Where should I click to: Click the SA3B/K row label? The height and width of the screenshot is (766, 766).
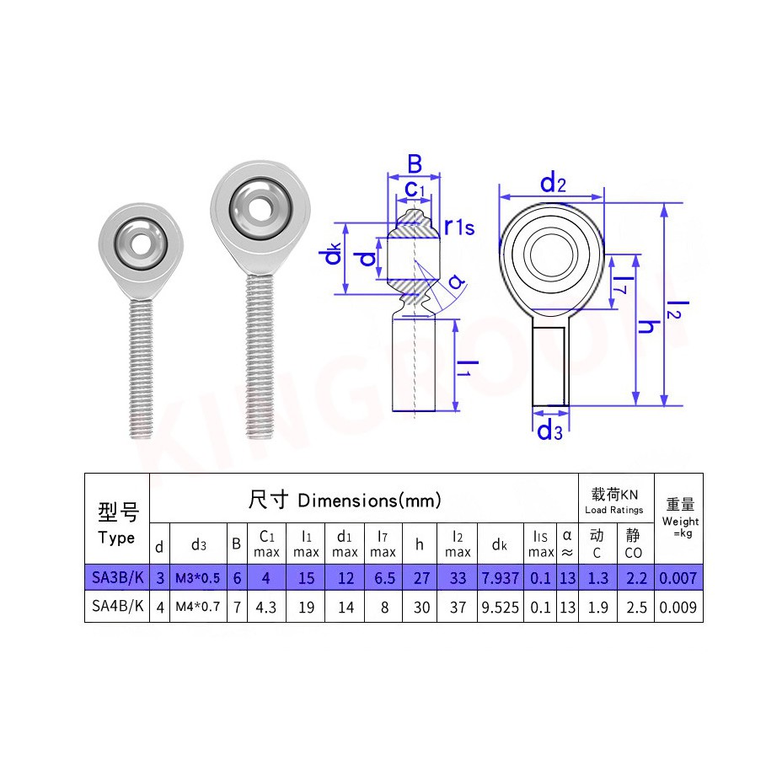click(x=118, y=578)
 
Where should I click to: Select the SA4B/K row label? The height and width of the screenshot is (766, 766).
click(x=118, y=606)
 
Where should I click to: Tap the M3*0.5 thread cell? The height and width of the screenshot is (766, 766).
click(x=198, y=578)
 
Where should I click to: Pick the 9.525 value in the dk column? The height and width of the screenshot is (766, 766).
click(x=500, y=608)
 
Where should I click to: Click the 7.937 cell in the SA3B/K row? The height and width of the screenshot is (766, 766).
click(x=500, y=578)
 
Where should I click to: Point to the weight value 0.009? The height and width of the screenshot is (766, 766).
click(x=678, y=608)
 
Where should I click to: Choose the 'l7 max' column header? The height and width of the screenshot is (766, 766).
click(x=383, y=544)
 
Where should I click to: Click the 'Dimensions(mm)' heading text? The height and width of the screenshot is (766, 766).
click(x=369, y=501)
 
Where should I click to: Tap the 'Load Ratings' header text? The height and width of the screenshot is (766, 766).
click(x=614, y=510)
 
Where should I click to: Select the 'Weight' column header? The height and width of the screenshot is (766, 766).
click(x=680, y=522)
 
